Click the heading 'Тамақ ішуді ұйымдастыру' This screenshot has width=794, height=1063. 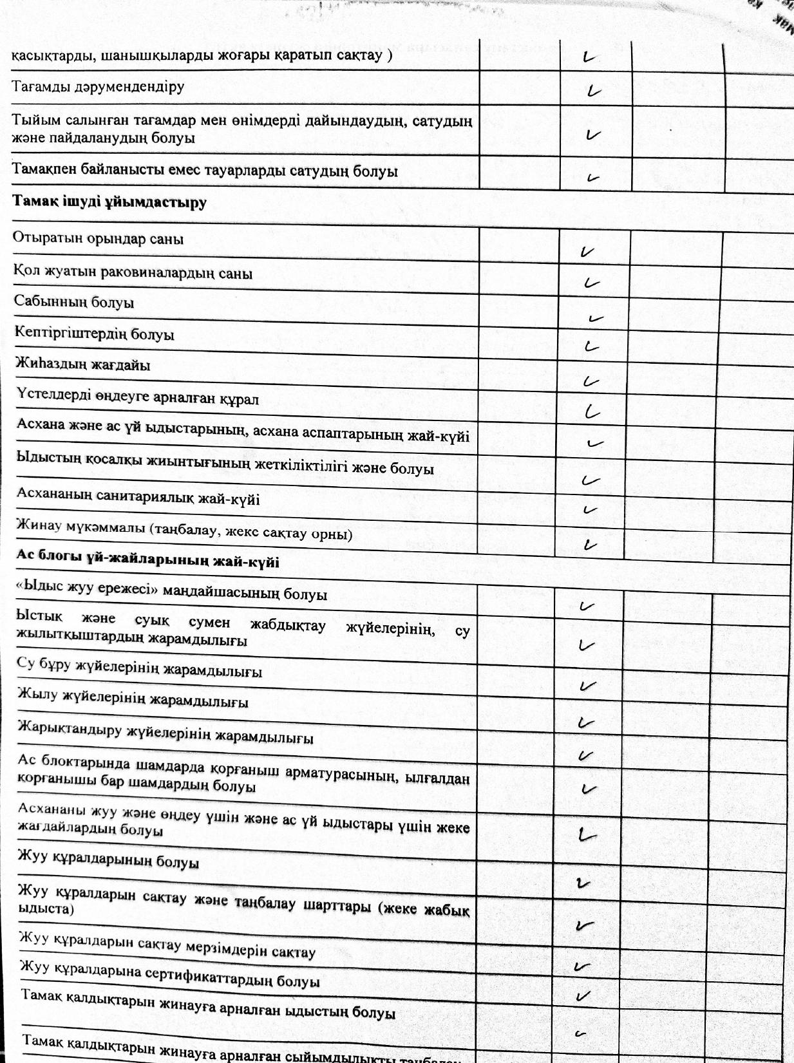tap(109, 202)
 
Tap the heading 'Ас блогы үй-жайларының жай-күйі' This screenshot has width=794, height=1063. tap(147, 560)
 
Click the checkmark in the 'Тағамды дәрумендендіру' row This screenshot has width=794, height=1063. tap(594, 91)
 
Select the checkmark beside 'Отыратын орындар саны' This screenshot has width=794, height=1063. tap(587, 252)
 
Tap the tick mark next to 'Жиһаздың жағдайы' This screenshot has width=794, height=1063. tap(591, 381)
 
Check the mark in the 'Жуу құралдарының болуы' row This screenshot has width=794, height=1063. tap(584, 883)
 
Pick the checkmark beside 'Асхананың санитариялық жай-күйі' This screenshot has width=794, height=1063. tap(589, 510)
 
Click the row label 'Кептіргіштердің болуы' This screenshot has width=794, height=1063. tap(95, 334)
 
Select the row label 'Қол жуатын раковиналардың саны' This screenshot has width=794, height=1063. tap(133, 272)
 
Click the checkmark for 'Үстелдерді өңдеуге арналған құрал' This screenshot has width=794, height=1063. tap(592, 412)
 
